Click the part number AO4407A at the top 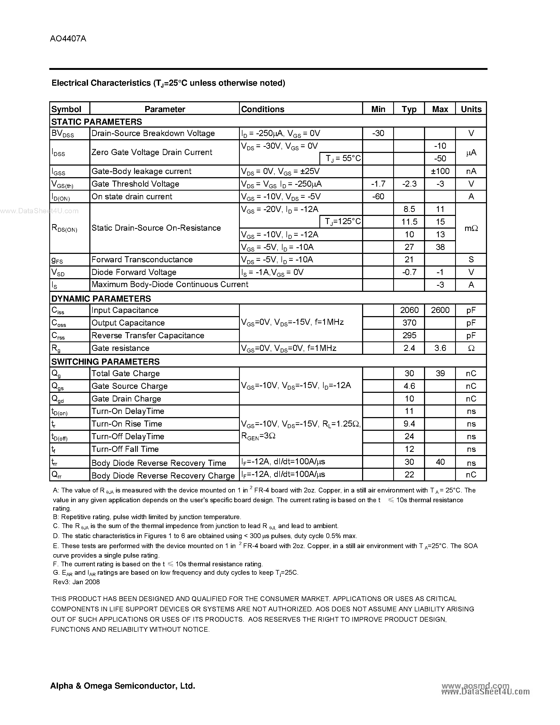point(68,38)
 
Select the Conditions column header point(262,109)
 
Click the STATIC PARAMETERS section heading point(96,122)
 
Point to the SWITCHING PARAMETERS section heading point(105,361)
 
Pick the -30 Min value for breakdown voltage point(378,133)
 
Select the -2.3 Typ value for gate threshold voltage point(409,184)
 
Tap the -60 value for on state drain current point(378,196)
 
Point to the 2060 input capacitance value point(409,310)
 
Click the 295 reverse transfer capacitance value point(409,335)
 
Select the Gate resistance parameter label point(120,348)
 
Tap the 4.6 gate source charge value point(409,386)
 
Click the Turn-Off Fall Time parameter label point(125,449)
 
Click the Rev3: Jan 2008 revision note point(76,582)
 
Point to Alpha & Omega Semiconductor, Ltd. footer point(123,686)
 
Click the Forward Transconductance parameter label point(142,260)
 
